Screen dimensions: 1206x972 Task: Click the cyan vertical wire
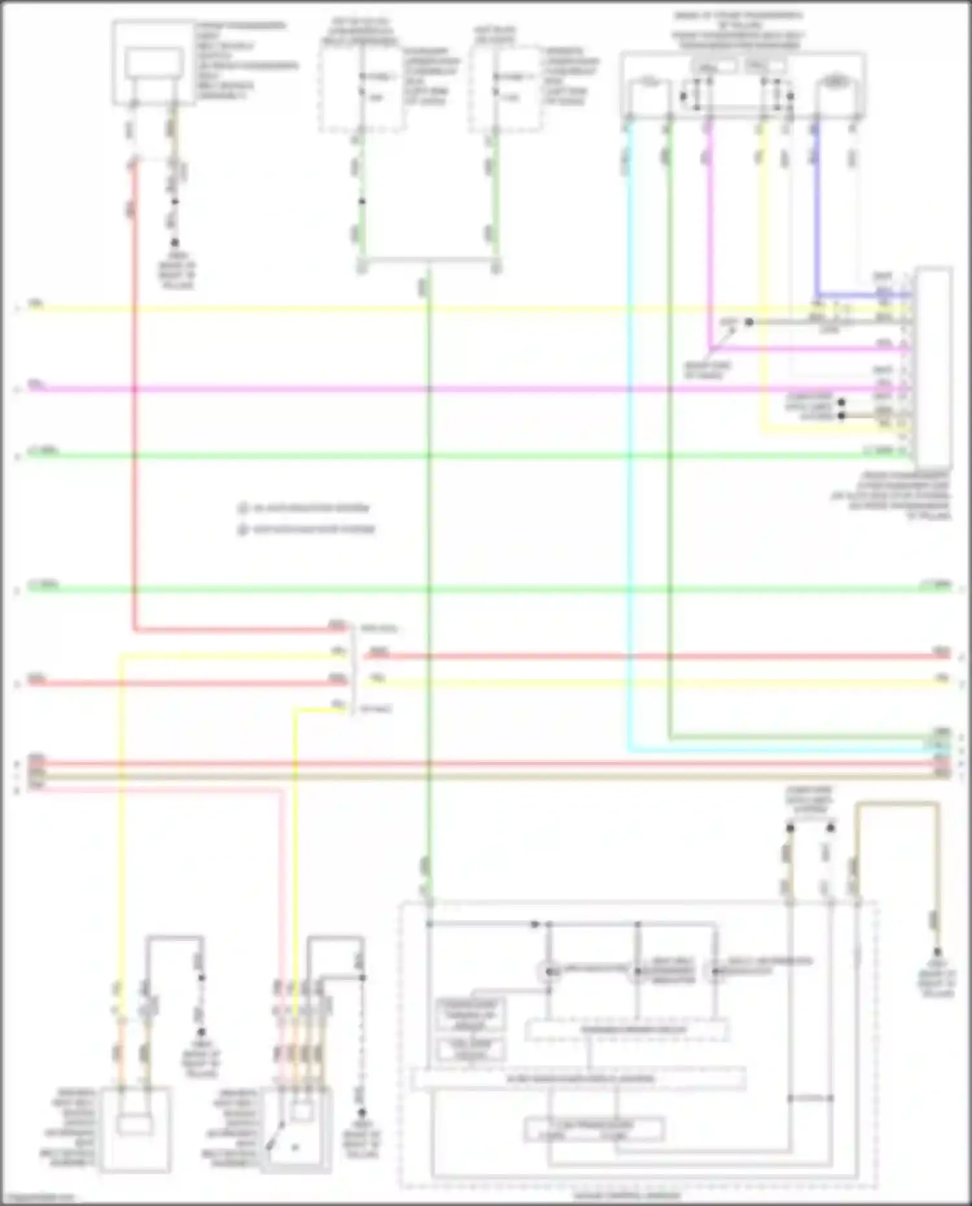click(x=628, y=454)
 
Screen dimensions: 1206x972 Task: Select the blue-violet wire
click(x=816, y=214)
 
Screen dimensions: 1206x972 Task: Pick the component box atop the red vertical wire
click(x=154, y=64)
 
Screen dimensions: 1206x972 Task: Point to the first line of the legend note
click(x=305, y=508)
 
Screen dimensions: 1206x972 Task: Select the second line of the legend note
click(x=307, y=529)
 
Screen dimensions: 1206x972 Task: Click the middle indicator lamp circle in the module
click(x=637, y=971)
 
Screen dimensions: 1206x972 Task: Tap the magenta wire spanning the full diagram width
click(x=454, y=389)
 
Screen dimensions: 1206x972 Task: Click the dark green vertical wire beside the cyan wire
click(x=669, y=454)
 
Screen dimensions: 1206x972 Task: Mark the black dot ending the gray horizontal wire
click(x=748, y=322)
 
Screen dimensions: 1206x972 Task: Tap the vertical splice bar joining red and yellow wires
click(x=353, y=667)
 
